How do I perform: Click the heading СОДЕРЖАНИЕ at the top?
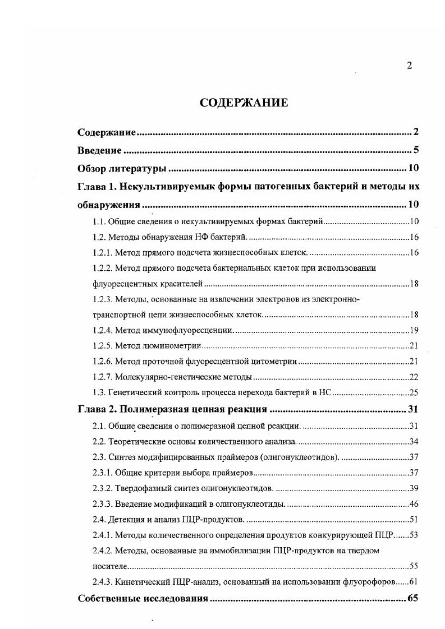(244, 103)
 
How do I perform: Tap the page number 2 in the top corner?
(409, 66)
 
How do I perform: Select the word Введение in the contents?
(99, 150)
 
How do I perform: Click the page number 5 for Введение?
(416, 150)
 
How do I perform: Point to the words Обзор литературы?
(122, 168)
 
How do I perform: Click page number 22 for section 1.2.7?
(414, 377)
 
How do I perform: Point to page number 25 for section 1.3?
(414, 392)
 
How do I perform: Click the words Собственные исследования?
(143, 598)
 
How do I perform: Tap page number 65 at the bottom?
(413, 598)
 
